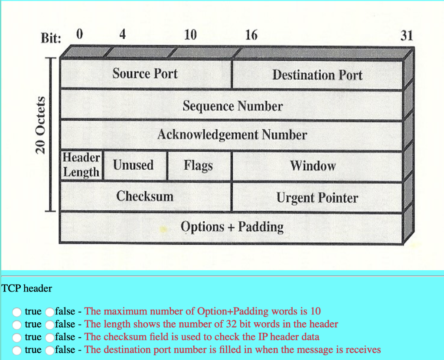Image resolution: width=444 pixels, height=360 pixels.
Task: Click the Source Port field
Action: click(145, 74)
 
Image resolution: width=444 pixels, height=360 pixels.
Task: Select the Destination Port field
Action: click(317, 75)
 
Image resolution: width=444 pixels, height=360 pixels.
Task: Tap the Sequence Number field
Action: click(232, 106)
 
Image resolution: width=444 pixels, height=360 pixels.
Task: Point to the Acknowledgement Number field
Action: click(232, 134)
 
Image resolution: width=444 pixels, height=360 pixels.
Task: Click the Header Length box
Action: click(82, 165)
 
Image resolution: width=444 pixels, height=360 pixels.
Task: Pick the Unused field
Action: click(134, 165)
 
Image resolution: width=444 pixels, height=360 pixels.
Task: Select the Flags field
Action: click(198, 165)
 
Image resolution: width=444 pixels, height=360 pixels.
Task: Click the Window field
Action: click(313, 166)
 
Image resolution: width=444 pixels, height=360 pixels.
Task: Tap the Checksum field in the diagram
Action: click(145, 196)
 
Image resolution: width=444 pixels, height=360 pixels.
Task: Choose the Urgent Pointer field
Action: click(317, 198)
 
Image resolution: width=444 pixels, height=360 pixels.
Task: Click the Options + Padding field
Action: click(232, 227)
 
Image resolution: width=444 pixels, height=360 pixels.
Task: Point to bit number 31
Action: click(407, 36)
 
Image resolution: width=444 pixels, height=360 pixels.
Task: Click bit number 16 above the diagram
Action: click(251, 35)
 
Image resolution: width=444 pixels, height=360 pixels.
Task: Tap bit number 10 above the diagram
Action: click(190, 35)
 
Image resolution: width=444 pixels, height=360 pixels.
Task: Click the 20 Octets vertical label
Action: click(41, 125)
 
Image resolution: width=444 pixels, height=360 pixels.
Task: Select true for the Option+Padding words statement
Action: click(17, 311)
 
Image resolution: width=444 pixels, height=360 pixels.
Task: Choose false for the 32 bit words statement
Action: click(49, 324)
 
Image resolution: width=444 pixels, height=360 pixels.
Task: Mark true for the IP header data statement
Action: click(17, 337)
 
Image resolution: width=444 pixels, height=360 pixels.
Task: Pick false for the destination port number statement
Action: click(49, 350)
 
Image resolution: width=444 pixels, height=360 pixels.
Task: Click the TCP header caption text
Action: click(27, 288)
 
